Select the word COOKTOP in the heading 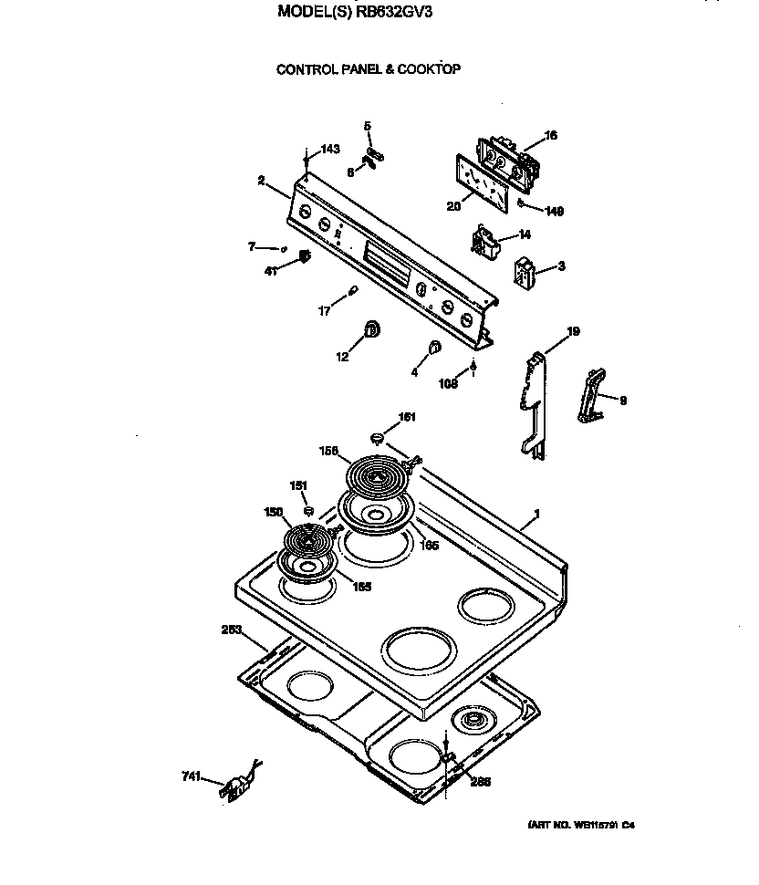[431, 69]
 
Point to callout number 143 [329, 150]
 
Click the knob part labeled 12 [372, 329]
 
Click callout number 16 [550, 136]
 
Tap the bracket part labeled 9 [592, 394]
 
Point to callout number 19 [573, 331]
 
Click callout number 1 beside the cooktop [536, 515]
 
